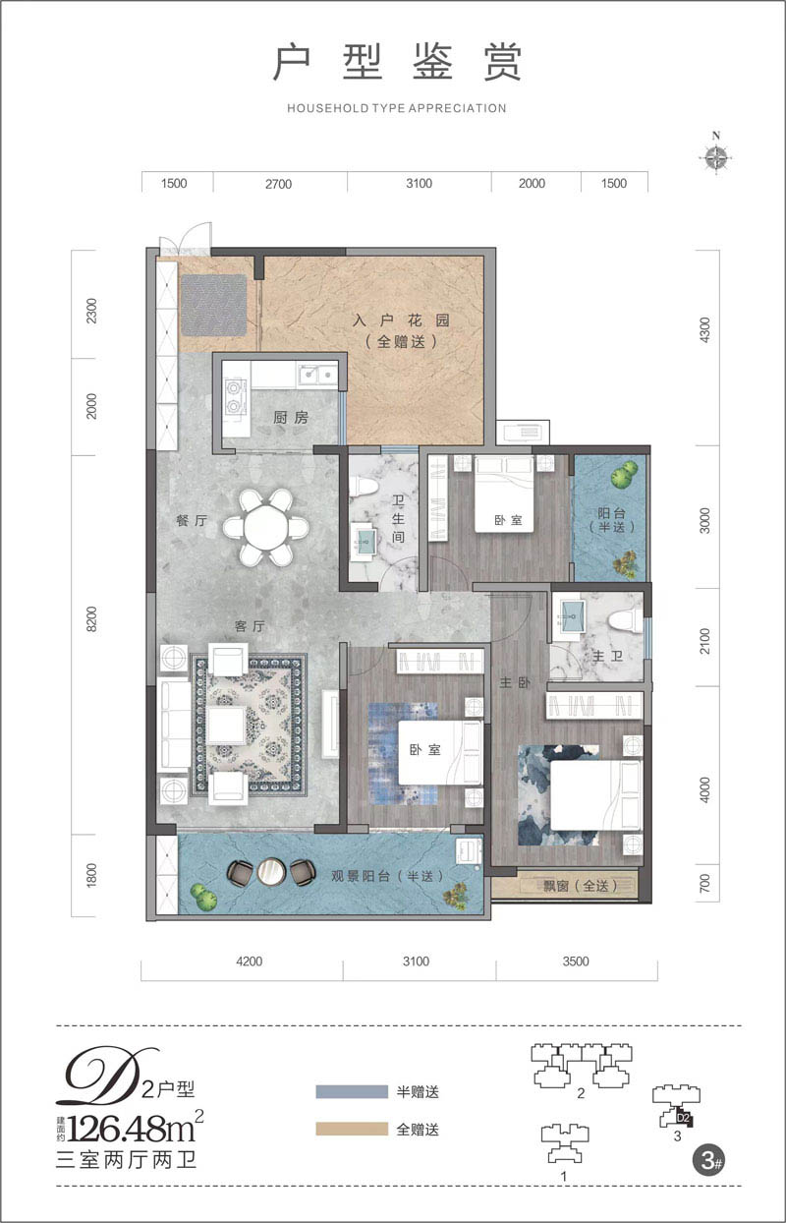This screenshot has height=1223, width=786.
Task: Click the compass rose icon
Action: click(x=715, y=156)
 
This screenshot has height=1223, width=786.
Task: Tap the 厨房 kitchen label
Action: click(x=291, y=418)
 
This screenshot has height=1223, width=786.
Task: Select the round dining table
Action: click(x=265, y=527)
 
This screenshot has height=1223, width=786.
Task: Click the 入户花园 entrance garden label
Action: click(x=401, y=320)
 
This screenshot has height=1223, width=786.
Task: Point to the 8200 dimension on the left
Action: click(x=91, y=618)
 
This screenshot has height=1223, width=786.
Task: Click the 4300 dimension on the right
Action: click(x=704, y=329)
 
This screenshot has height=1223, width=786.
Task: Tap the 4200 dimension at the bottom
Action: click(x=249, y=961)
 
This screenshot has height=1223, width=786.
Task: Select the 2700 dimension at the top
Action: click(x=278, y=184)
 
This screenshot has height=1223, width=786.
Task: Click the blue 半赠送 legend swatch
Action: click(x=352, y=1091)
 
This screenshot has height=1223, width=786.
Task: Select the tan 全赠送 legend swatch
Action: click(x=352, y=1129)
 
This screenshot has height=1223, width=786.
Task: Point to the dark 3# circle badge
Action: click(x=709, y=1160)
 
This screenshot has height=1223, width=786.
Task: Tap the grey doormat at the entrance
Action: click(x=214, y=305)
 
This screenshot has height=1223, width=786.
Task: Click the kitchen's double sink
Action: click(x=317, y=376)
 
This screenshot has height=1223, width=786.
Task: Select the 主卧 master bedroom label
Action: click(x=515, y=682)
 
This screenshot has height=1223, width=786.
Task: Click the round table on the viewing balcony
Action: click(x=270, y=872)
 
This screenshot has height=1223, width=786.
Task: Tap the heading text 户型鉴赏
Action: click(x=397, y=63)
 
